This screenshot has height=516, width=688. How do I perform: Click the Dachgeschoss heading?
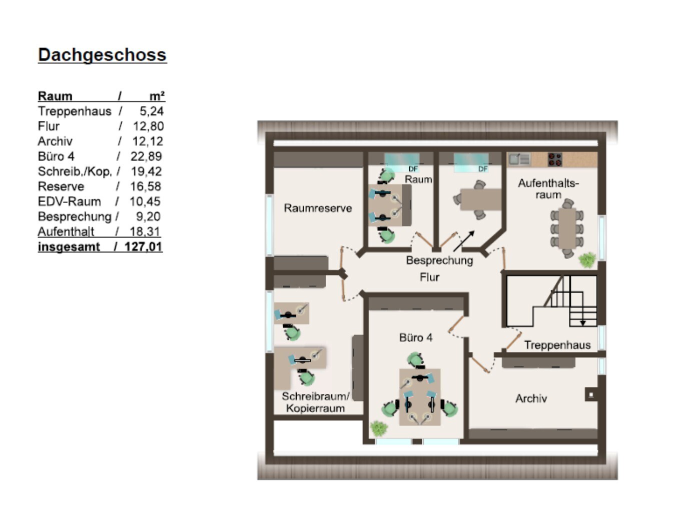coord(102,55)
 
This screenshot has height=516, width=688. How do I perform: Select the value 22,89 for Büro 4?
coord(147,156)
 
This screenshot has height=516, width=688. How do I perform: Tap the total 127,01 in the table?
coord(143,246)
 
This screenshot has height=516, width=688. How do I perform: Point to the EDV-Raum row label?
coord(69,201)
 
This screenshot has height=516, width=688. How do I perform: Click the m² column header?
coord(157,96)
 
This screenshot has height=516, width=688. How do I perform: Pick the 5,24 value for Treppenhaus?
coord(152,111)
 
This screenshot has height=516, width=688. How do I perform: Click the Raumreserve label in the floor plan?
coord(318,208)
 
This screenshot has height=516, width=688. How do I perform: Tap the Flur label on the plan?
coord(429,277)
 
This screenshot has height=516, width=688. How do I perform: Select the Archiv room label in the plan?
coord(531,398)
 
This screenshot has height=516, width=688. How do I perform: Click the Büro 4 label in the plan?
coord(416,337)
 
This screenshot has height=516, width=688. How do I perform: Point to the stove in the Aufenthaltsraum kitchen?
coord(555,159)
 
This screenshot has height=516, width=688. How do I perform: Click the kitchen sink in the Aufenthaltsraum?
coord(519,159)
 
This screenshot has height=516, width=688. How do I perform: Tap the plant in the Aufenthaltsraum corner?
coord(587,260)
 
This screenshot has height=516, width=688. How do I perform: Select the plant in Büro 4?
coord(379,428)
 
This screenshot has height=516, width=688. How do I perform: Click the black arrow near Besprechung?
coord(464,241)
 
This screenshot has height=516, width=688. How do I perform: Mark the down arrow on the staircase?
coord(583,323)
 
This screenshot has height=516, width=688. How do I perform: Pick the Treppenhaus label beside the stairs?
coord(557,345)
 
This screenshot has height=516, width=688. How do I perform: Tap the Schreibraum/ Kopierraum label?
coord(315,402)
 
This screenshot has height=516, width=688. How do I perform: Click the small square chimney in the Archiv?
coord(591,395)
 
